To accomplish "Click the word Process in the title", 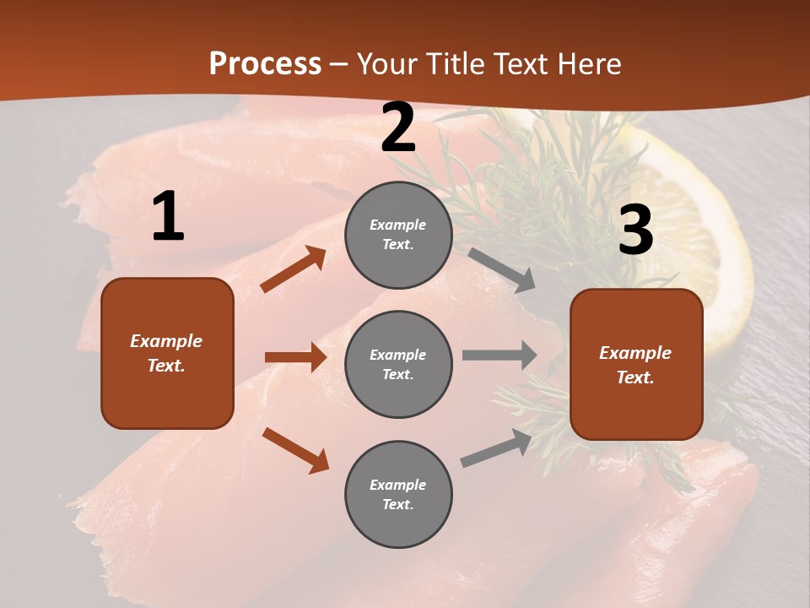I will [x=265, y=63].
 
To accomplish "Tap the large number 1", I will [x=168, y=217].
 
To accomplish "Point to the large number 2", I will [x=398, y=128].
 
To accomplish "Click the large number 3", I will [x=635, y=231].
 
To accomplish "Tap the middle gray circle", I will [x=398, y=364].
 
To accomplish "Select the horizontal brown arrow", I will [x=295, y=357].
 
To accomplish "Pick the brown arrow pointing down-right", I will [x=295, y=450].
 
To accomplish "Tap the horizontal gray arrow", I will [x=499, y=356].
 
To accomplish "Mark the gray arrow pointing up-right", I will [x=496, y=448].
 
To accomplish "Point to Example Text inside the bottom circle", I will [x=398, y=495].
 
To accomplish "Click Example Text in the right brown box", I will [x=635, y=365].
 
